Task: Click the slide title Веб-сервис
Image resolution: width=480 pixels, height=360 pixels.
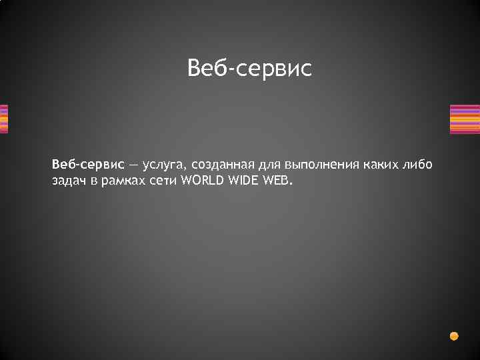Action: (249, 68)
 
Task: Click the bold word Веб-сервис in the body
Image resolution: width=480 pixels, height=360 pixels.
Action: (88, 164)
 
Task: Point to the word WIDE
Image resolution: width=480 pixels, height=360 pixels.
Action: (245, 181)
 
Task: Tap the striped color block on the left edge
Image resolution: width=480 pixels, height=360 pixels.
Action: (3, 119)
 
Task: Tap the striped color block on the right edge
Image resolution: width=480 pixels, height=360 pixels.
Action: (465, 119)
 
